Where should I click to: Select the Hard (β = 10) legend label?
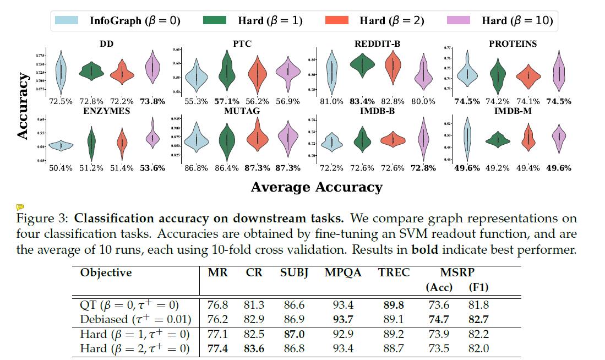click(516, 21)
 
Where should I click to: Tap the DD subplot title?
click(107, 43)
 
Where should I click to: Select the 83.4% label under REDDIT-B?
click(363, 101)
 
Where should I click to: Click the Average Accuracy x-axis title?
click(316, 187)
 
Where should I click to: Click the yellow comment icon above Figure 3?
click(20, 207)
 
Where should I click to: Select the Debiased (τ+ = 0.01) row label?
click(135, 319)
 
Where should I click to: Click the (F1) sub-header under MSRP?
click(477, 287)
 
